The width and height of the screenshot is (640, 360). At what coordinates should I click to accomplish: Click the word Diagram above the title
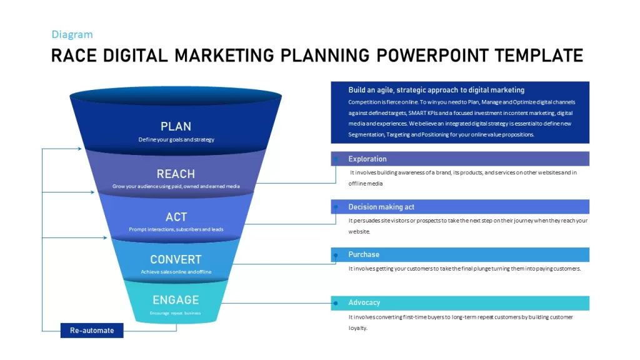point(72,35)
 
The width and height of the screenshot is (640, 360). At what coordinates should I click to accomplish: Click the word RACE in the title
point(74,56)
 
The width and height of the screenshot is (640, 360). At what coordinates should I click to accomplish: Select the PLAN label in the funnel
point(176,126)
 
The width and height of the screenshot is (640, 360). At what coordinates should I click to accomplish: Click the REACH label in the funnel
point(176,174)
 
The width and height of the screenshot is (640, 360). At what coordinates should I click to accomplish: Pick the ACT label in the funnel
point(176,217)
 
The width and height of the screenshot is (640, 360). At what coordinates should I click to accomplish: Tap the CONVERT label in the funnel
point(176,259)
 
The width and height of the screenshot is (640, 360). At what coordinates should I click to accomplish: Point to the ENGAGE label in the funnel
point(176,300)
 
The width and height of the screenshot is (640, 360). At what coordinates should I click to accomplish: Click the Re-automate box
point(92,331)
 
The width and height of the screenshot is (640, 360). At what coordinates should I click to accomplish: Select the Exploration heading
point(367,159)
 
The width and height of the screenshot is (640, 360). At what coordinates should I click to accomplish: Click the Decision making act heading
point(381,207)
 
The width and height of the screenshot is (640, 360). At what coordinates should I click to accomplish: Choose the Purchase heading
point(364,255)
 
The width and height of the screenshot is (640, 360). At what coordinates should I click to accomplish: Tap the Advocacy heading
point(364,302)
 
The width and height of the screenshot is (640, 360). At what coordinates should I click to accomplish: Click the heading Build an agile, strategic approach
point(436,90)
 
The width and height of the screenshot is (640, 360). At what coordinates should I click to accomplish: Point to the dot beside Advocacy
point(336,303)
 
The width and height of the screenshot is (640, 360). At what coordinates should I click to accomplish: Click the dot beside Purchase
point(336,256)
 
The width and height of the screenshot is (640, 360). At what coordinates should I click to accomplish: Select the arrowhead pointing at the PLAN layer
point(79,149)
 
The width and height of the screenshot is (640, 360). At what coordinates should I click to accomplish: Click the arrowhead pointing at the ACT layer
point(105,237)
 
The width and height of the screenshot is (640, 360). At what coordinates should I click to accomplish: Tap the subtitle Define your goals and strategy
point(176,139)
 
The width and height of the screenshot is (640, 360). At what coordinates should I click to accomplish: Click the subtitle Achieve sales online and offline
point(176,272)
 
